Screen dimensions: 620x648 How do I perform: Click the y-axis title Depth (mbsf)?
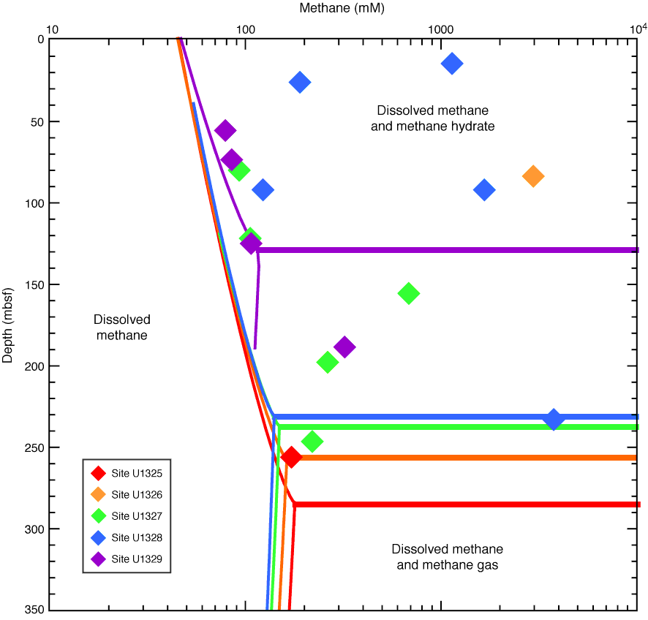coord(8,324)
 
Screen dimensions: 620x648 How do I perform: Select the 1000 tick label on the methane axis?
coord(440,29)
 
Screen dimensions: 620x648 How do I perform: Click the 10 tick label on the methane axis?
coord(50,29)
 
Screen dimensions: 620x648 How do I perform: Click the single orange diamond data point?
coord(533,176)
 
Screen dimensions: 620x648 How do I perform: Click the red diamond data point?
coord(291,458)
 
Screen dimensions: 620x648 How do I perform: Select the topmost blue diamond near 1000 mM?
coord(452,64)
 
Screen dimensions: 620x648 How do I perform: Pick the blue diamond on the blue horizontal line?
coord(554,420)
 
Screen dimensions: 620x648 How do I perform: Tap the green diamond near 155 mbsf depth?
coord(409,294)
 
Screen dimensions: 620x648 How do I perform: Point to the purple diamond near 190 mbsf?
coord(344,347)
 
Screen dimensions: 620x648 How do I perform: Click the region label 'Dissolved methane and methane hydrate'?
coord(436,118)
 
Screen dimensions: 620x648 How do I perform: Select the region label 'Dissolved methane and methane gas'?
coord(447,557)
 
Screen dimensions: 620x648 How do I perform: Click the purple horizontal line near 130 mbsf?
coord(453,250)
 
